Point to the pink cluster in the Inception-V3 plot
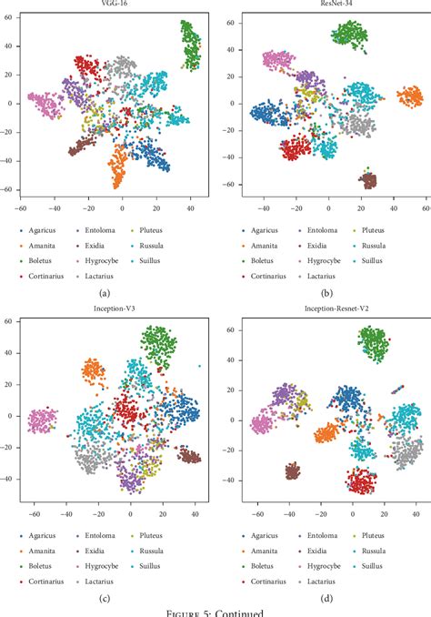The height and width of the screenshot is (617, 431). [41, 421]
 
